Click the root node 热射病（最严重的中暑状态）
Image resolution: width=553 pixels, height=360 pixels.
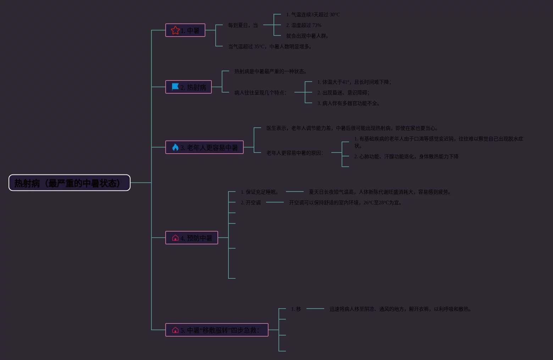70,183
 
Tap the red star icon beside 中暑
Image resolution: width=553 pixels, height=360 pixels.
175,30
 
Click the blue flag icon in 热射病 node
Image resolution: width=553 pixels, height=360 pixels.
175,87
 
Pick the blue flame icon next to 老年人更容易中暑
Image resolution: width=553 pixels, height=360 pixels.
175,147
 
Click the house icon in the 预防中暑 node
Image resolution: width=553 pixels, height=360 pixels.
175,238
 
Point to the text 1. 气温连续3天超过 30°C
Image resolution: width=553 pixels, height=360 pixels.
313,15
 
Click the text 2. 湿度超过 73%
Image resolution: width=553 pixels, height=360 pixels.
304,25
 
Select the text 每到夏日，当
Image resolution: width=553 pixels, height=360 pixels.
243,25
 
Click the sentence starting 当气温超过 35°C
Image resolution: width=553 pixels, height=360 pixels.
270,46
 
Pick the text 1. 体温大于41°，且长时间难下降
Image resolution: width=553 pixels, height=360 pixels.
354,82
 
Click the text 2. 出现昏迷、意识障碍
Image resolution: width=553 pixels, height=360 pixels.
343,93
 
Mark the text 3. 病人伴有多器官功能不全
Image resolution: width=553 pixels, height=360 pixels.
349,103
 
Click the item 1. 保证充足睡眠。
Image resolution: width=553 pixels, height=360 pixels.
260,192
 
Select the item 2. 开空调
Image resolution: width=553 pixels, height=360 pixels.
251,203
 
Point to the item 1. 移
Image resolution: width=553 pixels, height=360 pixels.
296,309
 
